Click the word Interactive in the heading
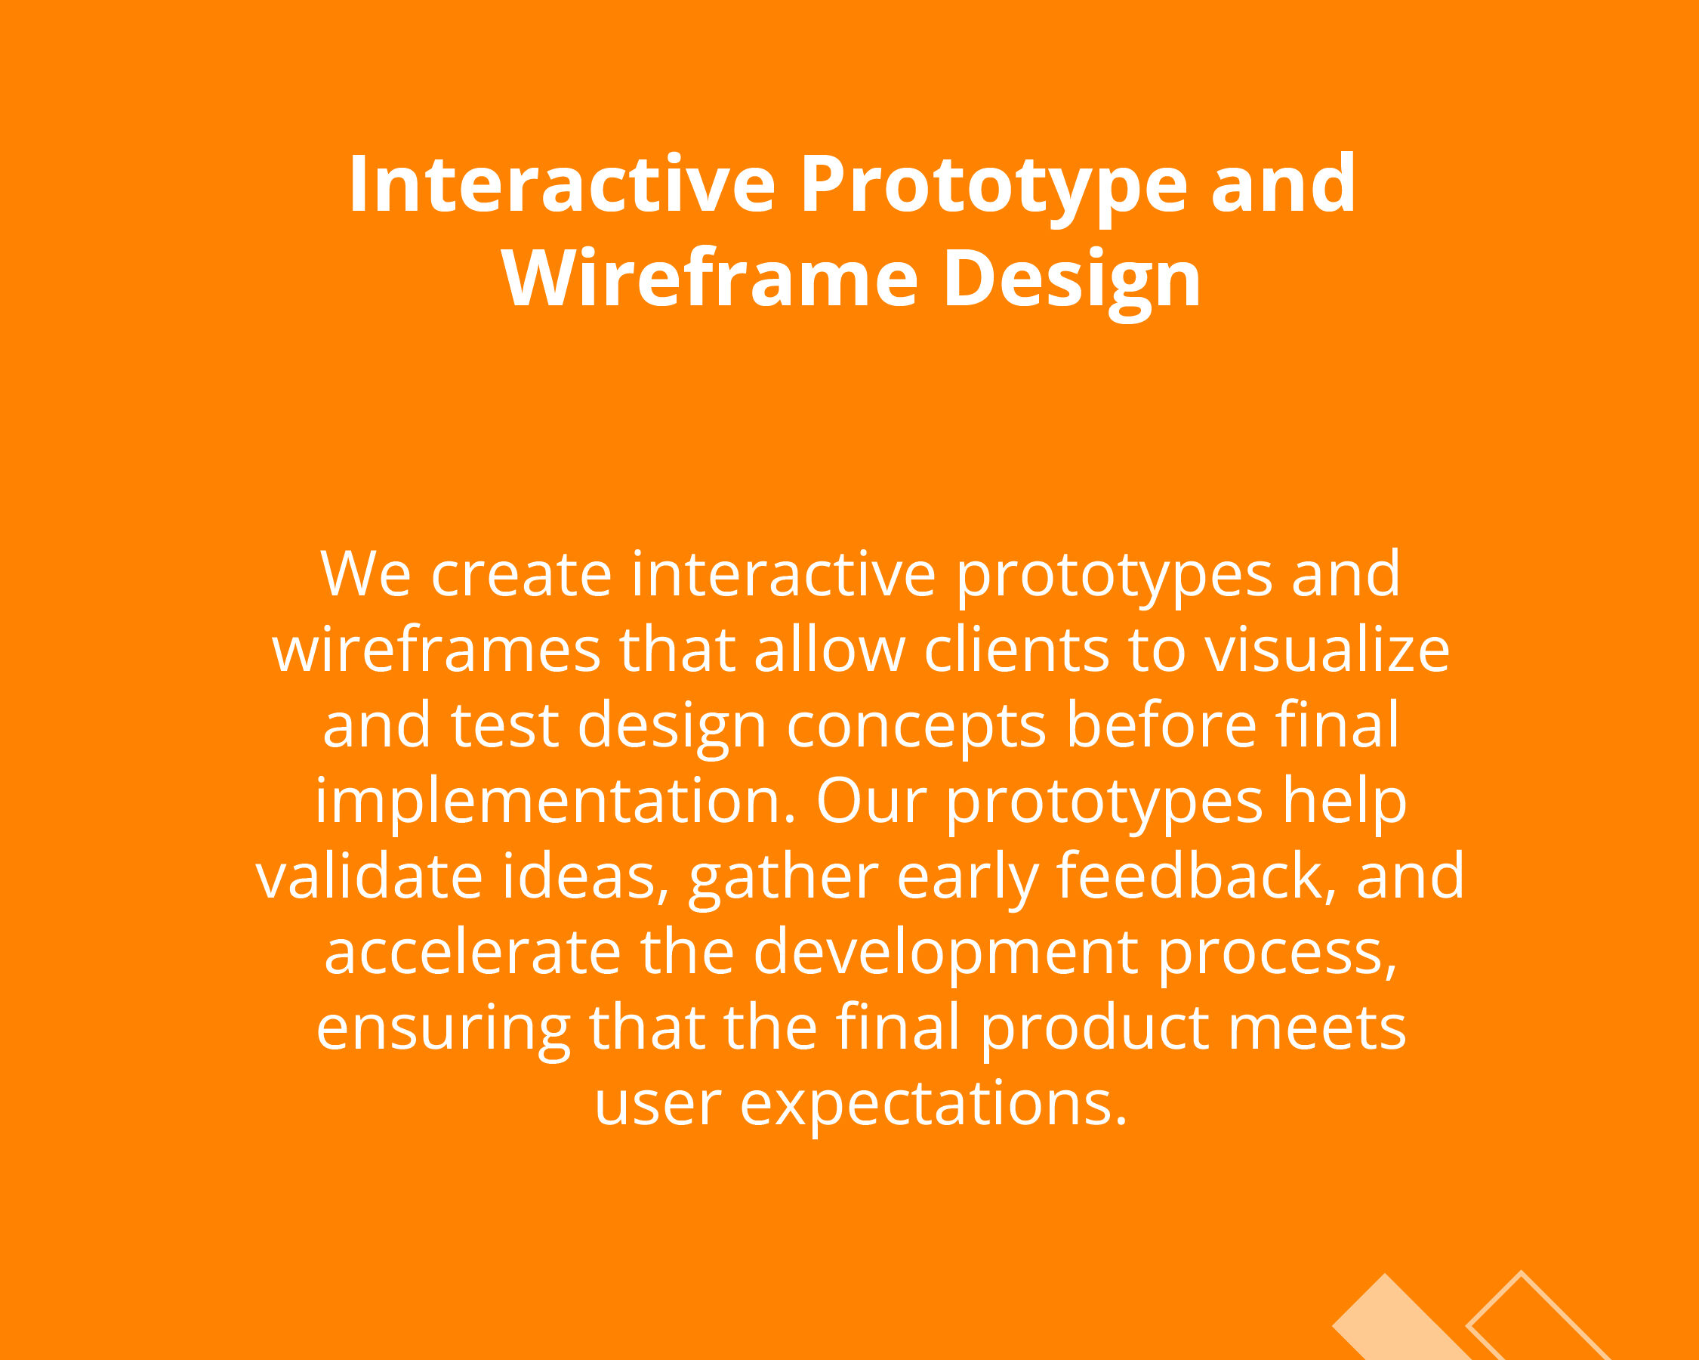[563, 184]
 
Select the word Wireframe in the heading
[710, 277]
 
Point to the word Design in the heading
[1072, 283]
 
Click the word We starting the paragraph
[365, 574]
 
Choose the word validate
[369, 877]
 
